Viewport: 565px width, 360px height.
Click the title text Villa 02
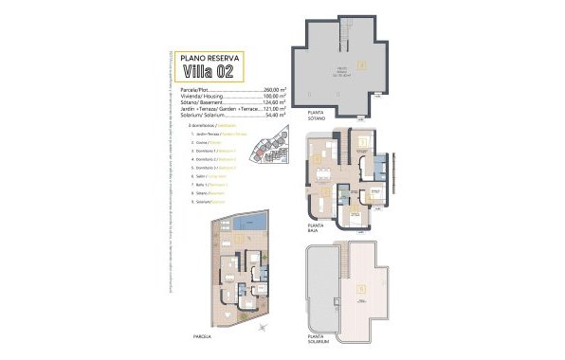click(x=216, y=72)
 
